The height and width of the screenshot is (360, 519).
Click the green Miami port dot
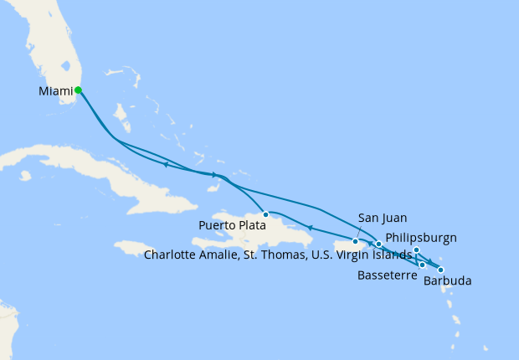pyautogui.click(x=78, y=90)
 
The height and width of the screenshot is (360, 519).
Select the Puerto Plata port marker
pyautogui.click(x=265, y=214)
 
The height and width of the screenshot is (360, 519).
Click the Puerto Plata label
pyautogui.click(x=232, y=225)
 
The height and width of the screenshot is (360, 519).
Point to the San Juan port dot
pyautogui.click(x=356, y=242)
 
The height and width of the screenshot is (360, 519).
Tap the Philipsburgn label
pyautogui.click(x=423, y=237)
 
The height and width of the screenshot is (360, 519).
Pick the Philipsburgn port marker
pyautogui.click(x=416, y=249)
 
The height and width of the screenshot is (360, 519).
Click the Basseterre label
pyautogui.click(x=387, y=275)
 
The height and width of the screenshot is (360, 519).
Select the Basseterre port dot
pyautogui.click(x=423, y=265)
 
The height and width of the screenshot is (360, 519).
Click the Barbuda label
pyautogui.click(x=447, y=281)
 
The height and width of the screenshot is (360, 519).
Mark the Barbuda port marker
pyautogui.click(x=440, y=270)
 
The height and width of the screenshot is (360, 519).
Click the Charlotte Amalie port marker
pyautogui.click(x=378, y=244)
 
